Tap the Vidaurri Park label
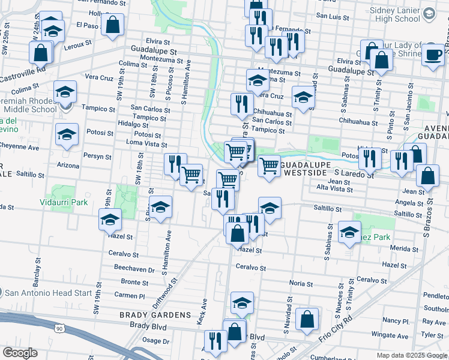62,202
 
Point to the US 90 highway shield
58,329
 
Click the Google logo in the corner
20,353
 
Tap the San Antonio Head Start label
49,293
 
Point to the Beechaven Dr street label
130,269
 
